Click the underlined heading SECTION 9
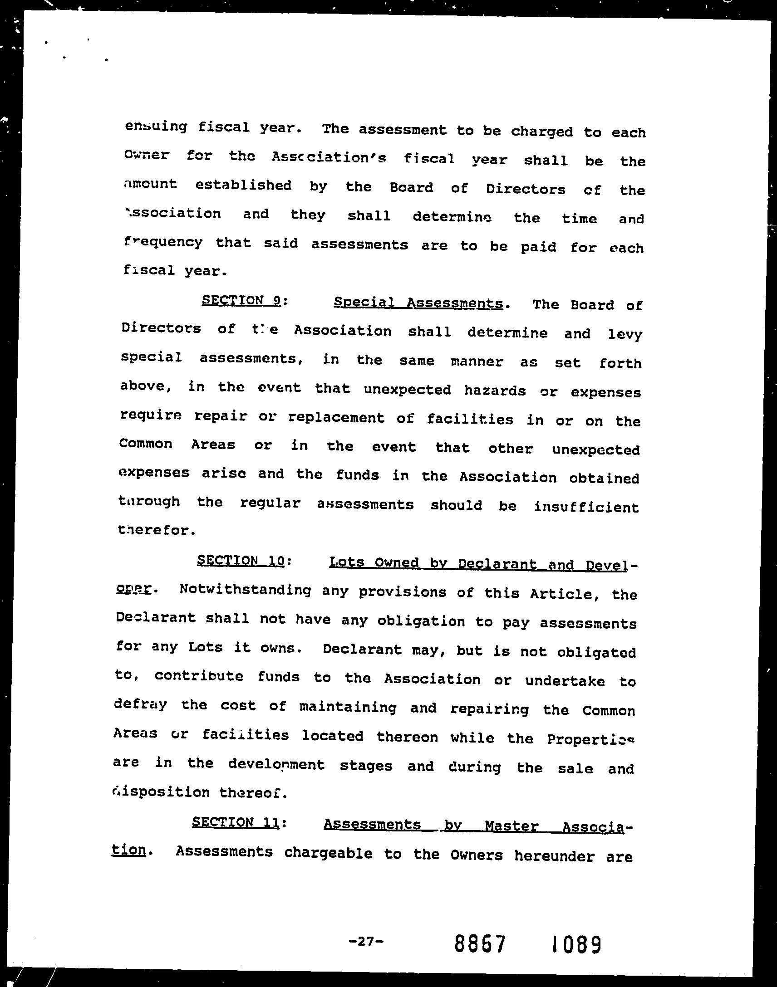click(x=241, y=301)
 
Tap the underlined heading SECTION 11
click(x=235, y=821)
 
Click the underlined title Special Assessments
click(x=418, y=303)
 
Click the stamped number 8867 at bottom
click(x=480, y=944)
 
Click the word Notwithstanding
click(x=246, y=590)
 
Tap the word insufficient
click(x=586, y=507)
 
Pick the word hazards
click(x=495, y=391)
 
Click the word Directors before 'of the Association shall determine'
click(x=161, y=328)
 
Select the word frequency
click(x=163, y=242)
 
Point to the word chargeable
click(x=328, y=853)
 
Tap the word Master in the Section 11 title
click(x=511, y=826)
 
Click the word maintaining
click(x=348, y=707)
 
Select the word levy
click(x=625, y=335)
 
